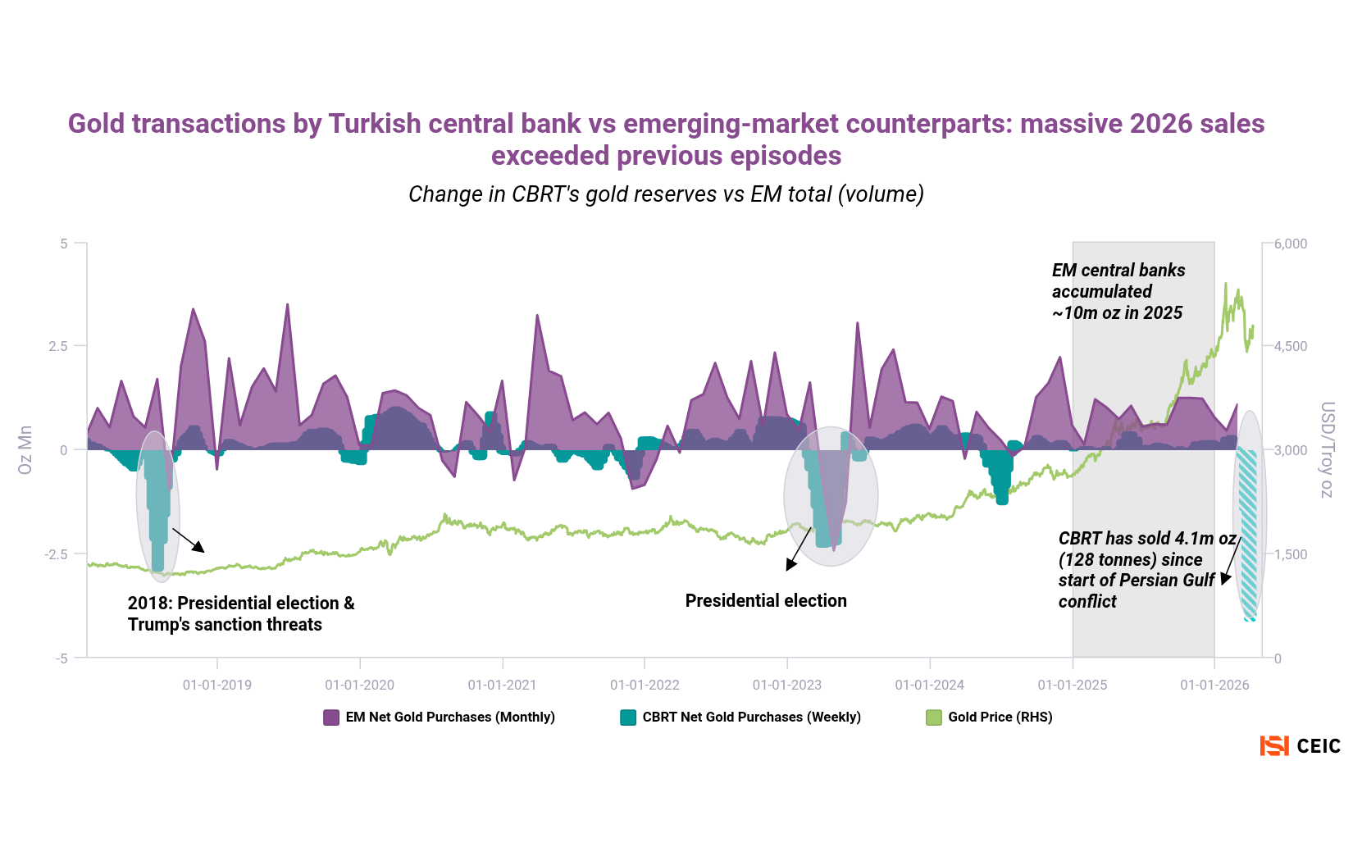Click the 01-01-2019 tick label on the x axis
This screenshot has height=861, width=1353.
(x=217, y=685)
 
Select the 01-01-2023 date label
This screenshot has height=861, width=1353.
(x=787, y=685)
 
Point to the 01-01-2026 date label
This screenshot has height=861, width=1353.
(x=1214, y=685)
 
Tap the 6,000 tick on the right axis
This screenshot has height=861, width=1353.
(x=1291, y=244)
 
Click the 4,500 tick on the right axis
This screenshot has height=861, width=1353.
(x=1291, y=346)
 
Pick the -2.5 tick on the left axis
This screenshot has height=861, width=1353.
(x=56, y=554)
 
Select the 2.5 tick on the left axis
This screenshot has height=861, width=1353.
(x=58, y=346)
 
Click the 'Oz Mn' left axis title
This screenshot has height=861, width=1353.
(x=25, y=449)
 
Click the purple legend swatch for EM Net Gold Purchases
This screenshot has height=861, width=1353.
(x=331, y=717)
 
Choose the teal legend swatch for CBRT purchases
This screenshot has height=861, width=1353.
(x=628, y=717)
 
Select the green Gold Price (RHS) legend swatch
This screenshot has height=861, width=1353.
(x=934, y=717)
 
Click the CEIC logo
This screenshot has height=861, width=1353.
(x=1300, y=746)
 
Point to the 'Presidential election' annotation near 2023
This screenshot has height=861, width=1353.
(x=766, y=601)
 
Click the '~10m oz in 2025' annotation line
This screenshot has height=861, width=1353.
(x=1117, y=313)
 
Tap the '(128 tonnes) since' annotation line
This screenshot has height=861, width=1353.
(x=1130, y=560)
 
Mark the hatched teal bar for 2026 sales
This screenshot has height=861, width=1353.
(x=1247, y=533)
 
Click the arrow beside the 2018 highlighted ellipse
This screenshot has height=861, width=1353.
(x=189, y=540)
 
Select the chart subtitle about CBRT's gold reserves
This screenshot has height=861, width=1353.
(x=666, y=194)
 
